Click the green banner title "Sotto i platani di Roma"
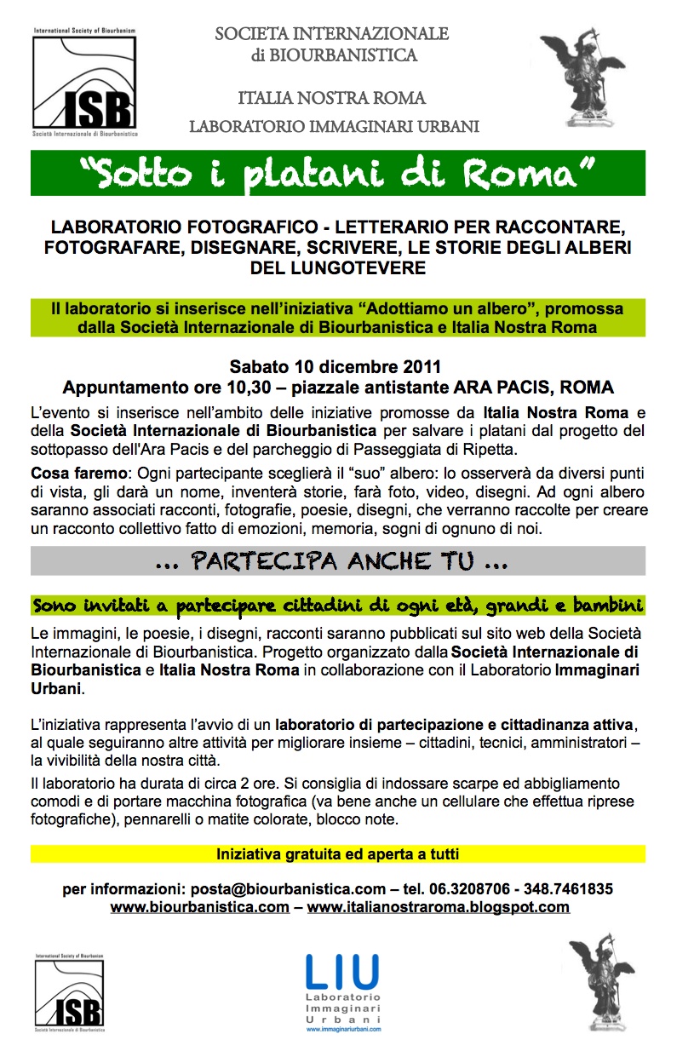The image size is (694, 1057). pos(337,173)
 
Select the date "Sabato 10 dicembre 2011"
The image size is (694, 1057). pos(336,368)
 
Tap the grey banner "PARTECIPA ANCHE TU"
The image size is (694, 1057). pos(337,562)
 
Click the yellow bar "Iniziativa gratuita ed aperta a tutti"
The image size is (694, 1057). pos(337,853)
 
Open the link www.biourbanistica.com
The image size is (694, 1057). pos(200,907)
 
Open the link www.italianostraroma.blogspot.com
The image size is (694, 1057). pos(438,907)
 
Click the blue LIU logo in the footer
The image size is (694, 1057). pos(342,991)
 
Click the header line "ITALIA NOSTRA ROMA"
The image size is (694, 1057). pos(332,98)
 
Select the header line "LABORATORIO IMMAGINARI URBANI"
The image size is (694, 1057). pos(334,127)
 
